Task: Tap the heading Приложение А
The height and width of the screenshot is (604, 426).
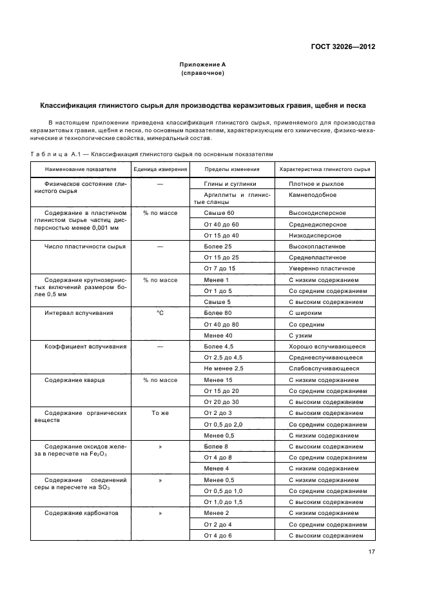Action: click(202, 65)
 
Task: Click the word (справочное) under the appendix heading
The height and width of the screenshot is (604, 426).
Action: click(202, 74)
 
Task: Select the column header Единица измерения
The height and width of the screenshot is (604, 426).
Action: click(160, 169)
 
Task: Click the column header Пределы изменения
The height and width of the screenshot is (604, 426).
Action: click(231, 169)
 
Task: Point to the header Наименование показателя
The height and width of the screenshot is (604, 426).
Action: click(81, 169)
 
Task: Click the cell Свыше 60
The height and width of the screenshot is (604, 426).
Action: click(218, 213)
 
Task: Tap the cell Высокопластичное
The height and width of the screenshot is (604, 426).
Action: click(316, 247)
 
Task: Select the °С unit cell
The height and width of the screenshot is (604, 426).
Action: click(160, 313)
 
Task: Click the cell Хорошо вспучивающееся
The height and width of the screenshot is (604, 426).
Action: click(327, 347)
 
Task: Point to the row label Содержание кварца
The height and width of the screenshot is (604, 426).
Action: click(74, 380)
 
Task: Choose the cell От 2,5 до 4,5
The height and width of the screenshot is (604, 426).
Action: click(223, 357)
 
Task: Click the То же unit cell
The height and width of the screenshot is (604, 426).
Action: click(160, 413)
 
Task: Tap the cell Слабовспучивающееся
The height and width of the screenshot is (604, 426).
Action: click(324, 368)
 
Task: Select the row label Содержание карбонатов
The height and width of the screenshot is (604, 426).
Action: click(81, 514)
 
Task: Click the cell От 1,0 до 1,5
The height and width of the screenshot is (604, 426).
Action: click(223, 502)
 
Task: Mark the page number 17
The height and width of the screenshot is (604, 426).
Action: click(371, 552)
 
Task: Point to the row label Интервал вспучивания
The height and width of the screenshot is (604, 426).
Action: click(79, 313)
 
